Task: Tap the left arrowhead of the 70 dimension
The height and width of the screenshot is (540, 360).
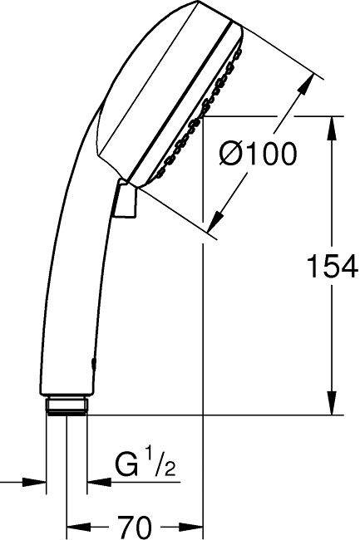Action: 76,526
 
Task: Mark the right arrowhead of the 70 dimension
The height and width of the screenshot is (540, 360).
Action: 194,526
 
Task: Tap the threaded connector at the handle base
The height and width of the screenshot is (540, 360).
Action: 67,406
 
